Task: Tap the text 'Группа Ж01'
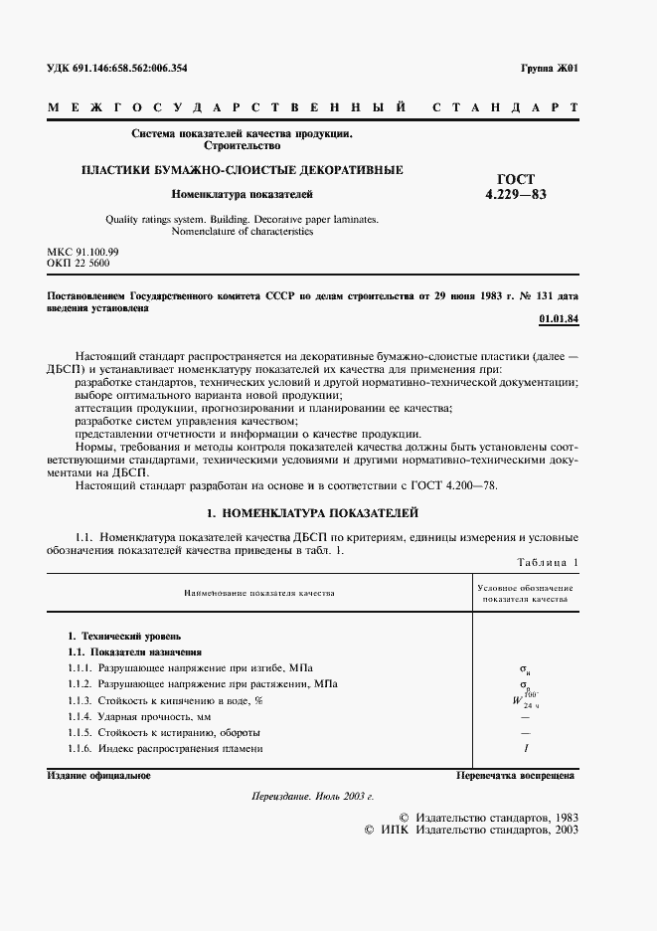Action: (549, 69)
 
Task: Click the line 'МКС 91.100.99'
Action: (83, 254)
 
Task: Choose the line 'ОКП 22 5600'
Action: (79, 265)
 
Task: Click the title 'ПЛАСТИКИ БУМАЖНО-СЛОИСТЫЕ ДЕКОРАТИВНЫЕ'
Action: (242, 170)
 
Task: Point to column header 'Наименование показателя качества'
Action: (258, 593)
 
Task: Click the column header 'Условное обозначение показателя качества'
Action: (524, 594)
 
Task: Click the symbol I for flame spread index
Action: (524, 748)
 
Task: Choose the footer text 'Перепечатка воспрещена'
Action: (515, 775)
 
